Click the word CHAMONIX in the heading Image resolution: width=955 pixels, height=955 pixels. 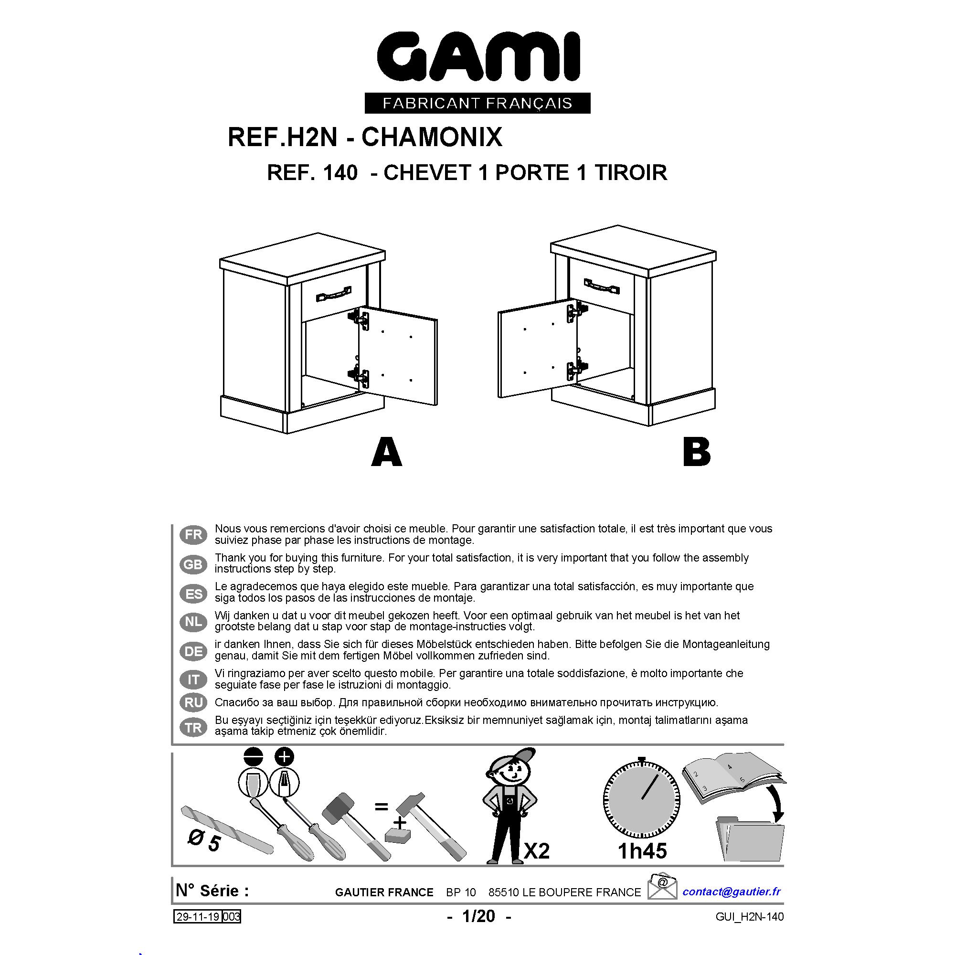432,137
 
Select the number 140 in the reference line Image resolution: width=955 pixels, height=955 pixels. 339,173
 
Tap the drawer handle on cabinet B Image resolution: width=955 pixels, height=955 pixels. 602,285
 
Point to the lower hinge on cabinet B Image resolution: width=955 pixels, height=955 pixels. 577,368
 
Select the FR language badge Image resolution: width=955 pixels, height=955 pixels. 193,534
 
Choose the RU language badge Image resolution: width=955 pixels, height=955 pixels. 193,702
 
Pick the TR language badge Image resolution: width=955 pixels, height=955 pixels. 193,728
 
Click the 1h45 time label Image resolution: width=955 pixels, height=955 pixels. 642,851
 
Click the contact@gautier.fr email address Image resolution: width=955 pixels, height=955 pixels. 732,891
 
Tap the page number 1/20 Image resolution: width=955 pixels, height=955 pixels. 478,916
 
